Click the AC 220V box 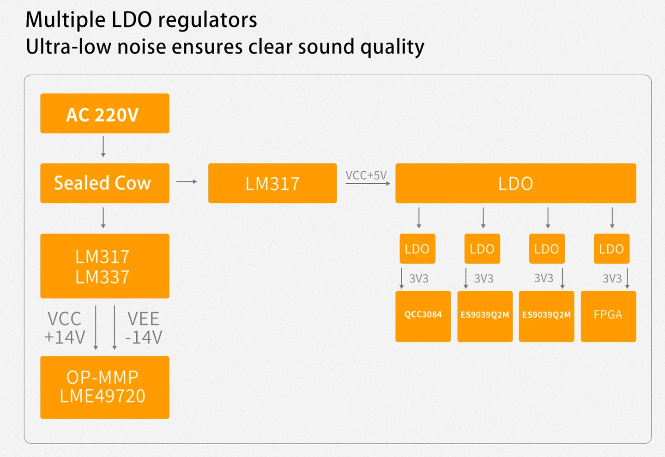coord(105,114)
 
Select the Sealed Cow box coord(105,183)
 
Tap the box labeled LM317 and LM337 coord(105,266)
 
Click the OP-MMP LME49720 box coord(105,387)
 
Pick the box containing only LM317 coord(272,183)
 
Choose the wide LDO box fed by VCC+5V coord(516,183)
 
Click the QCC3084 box coord(423,316)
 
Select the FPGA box coord(608,316)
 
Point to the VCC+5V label coord(366,175)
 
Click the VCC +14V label coord(65,328)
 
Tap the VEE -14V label coord(144,328)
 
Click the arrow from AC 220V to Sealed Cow coord(103,147)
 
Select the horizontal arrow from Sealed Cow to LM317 coord(187,181)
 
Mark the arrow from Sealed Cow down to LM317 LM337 coord(103,218)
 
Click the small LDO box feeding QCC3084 coord(417,249)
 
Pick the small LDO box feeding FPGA coord(611,249)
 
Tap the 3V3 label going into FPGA coord(612,278)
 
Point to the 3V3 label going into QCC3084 coord(419,278)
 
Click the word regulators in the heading coord(207,20)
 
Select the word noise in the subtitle coord(142,47)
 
